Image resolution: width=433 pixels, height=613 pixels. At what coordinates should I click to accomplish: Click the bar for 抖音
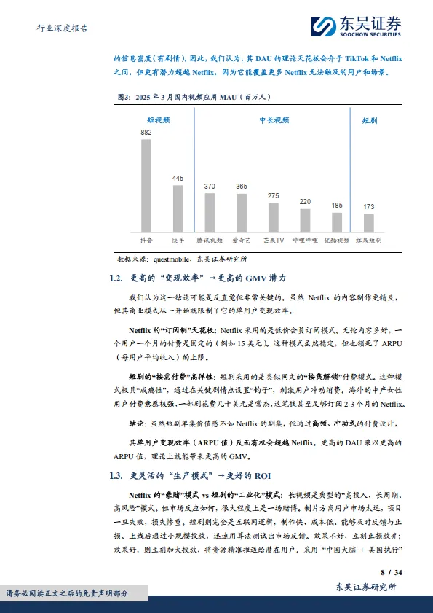(x=146, y=185)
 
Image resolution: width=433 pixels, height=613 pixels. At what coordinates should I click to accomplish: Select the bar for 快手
(x=178, y=208)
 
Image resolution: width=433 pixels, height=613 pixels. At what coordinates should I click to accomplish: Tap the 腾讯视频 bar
(x=210, y=211)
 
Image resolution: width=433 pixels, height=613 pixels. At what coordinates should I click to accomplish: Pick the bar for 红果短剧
(x=369, y=222)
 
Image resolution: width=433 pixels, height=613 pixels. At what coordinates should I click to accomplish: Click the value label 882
(x=146, y=133)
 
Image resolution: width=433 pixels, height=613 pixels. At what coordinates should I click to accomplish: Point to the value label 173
(x=369, y=207)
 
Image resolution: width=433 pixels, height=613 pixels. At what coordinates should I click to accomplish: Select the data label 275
(x=273, y=196)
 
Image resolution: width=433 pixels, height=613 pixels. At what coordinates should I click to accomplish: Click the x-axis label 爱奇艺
(x=242, y=239)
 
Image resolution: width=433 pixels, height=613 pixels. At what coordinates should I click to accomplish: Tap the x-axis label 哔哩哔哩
(x=305, y=239)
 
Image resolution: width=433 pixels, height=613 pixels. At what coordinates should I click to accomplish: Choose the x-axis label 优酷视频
(x=337, y=239)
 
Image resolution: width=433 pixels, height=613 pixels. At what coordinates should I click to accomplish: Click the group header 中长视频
(x=274, y=120)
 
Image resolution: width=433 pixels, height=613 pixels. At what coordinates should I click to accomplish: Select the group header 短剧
(x=370, y=120)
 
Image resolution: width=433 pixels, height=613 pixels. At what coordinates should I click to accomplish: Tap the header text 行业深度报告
(x=63, y=28)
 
